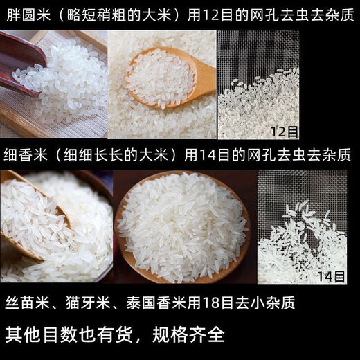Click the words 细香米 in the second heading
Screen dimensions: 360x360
click(23, 154)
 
